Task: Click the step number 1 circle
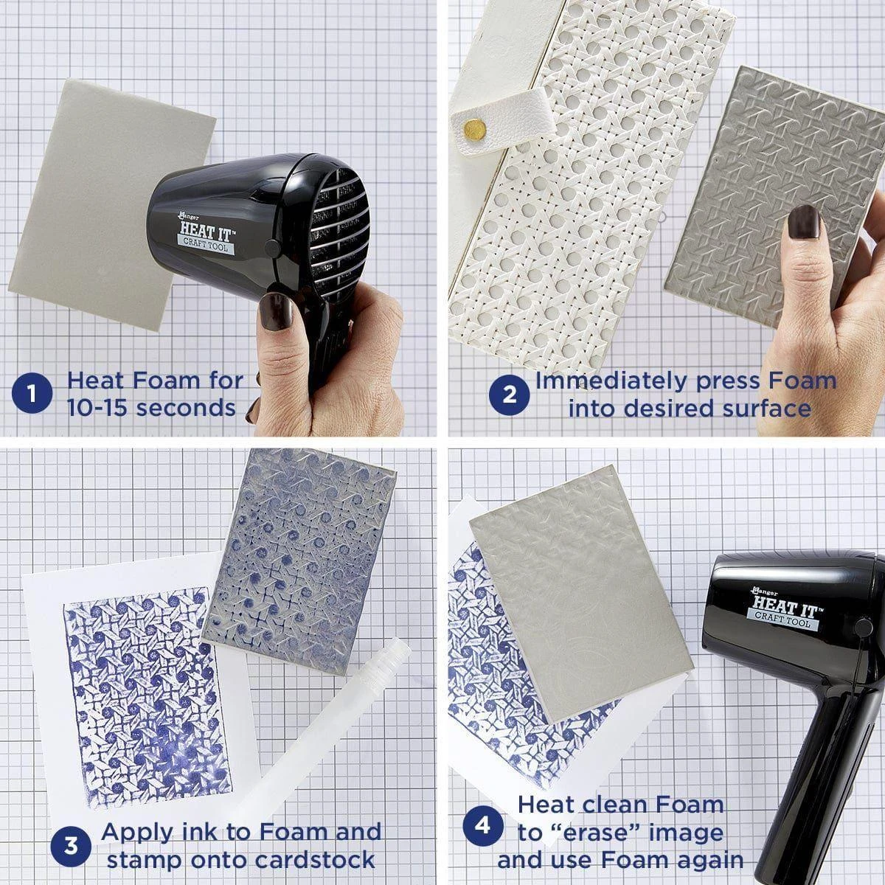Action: (32, 394)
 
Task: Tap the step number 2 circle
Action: (509, 395)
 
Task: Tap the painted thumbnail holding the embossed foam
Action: (803, 222)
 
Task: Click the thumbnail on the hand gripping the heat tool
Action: (276, 311)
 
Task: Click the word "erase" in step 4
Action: (600, 833)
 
